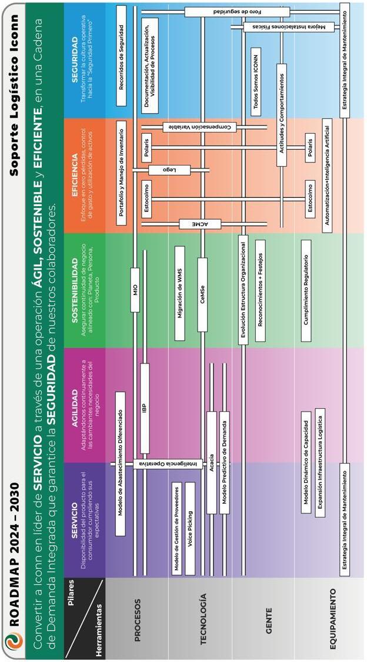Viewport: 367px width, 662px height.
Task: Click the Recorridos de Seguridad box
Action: pos(121,56)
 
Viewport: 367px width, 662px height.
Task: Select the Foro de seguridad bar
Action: pos(237,12)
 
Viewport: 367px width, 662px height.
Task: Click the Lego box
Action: pos(171,170)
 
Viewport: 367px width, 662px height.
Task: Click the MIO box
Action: pos(136,289)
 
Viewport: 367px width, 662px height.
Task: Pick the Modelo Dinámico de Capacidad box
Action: pos(306,454)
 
